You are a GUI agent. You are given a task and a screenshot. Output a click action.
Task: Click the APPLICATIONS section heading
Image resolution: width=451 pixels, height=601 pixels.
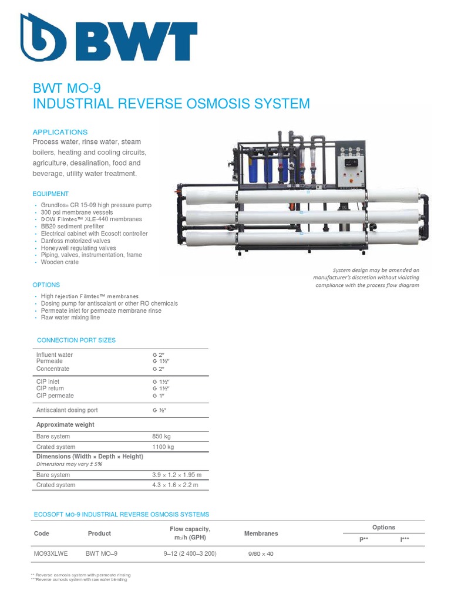tap(60, 132)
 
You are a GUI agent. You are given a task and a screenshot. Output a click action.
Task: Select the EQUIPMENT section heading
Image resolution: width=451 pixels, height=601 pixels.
tap(51, 194)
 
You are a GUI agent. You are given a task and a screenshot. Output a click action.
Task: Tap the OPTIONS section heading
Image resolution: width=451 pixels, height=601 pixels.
tap(46, 285)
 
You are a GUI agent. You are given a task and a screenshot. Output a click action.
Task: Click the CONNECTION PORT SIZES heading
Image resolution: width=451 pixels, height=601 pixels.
tap(76, 340)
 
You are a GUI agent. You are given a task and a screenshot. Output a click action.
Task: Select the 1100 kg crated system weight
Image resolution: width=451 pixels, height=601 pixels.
tap(163, 447)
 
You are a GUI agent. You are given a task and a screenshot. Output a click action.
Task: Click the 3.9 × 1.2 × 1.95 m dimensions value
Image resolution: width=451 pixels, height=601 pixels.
tap(177, 475)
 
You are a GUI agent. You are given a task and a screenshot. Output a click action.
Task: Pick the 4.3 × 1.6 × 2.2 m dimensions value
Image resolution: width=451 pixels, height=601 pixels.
tap(175, 485)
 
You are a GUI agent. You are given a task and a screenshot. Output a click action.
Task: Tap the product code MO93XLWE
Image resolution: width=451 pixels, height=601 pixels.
tap(51, 553)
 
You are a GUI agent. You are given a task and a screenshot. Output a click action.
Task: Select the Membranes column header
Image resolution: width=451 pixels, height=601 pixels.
tap(261, 534)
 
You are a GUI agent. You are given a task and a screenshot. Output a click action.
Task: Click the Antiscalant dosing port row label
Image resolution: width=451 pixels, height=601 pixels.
tap(67, 410)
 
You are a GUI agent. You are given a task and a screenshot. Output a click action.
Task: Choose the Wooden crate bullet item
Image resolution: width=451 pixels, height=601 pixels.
tap(60, 262)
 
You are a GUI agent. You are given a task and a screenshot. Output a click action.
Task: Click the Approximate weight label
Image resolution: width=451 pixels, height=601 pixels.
tap(65, 424)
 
